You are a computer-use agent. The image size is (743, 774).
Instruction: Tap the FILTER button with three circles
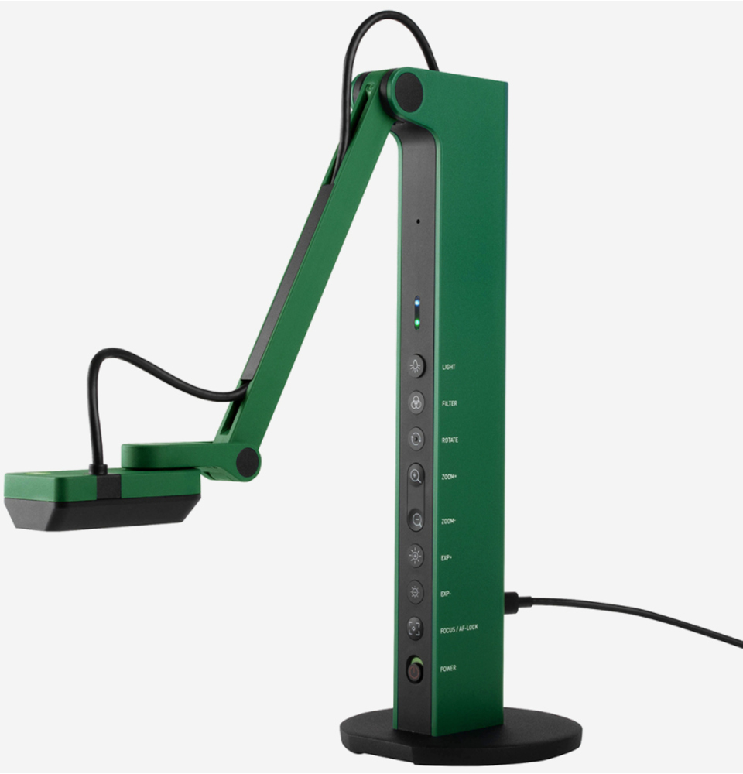point(416,402)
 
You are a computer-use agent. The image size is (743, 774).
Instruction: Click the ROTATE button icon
point(416,440)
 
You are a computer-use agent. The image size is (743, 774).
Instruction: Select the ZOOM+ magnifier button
point(416,476)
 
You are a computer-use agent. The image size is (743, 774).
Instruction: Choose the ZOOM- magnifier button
point(416,520)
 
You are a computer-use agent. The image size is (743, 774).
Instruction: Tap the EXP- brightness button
point(415,592)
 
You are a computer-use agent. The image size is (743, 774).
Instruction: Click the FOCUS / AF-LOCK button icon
point(415,628)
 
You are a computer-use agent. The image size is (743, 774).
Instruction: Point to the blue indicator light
point(417,302)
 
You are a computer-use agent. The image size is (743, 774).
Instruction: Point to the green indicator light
point(417,324)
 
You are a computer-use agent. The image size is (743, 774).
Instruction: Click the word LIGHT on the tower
point(449,367)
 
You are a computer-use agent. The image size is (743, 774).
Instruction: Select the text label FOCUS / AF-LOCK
point(459,628)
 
